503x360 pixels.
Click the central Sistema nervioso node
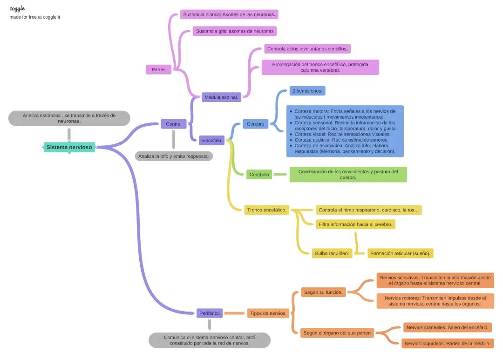(x=69, y=147)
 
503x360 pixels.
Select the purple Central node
(x=174, y=124)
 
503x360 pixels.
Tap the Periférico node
(x=210, y=313)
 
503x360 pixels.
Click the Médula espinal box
(x=222, y=97)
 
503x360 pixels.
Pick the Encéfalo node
(x=212, y=140)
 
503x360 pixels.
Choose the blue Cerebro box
(x=255, y=124)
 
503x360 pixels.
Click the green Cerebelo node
(x=259, y=175)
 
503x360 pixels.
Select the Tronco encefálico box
(x=266, y=210)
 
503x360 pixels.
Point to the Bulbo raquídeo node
(x=332, y=253)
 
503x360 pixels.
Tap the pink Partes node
(x=158, y=70)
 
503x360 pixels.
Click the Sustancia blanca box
(x=229, y=14)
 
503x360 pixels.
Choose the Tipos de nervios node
(x=268, y=313)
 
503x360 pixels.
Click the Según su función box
(x=323, y=292)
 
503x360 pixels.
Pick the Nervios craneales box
(x=447, y=327)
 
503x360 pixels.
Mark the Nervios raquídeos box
(x=447, y=343)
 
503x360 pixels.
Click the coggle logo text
(x=17, y=8)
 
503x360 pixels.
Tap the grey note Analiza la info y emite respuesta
(x=174, y=156)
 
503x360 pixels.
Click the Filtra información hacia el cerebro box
(x=355, y=224)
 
